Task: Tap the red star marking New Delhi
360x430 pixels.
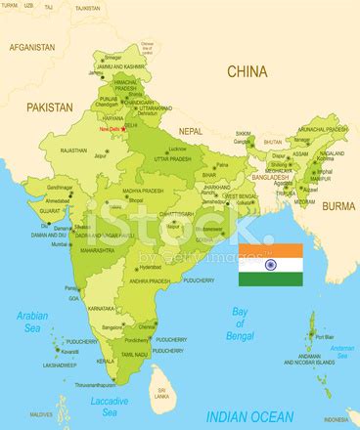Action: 123,129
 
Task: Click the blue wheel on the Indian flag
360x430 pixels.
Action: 270,264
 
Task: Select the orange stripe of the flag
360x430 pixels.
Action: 270,250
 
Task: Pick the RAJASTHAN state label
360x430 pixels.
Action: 74,152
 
